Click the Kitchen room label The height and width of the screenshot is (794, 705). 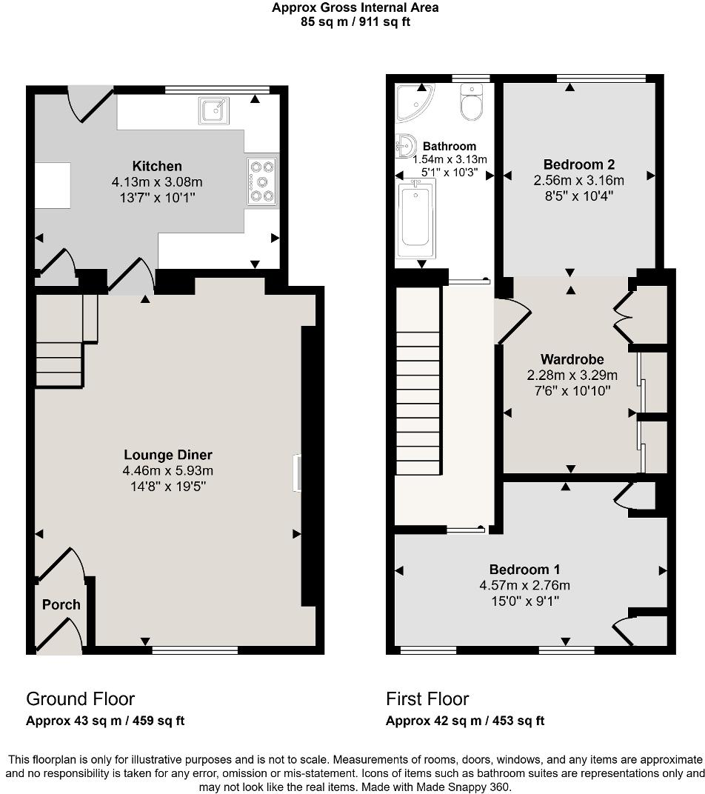pos(156,166)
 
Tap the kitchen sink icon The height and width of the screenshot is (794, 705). pos(213,110)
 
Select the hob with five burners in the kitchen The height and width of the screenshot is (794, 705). pos(262,181)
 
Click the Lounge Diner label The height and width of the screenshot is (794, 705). pos(168,455)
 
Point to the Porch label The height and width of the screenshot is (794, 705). pos(61,604)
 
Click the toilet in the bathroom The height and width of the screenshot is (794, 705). pos(471,101)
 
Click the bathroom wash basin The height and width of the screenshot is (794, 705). pos(405,146)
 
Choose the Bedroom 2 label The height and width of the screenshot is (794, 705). pos(579,164)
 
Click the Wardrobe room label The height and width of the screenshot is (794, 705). pos(572,360)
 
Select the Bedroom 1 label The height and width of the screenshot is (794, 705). pos(524,570)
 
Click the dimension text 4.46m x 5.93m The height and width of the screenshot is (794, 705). pos(168,470)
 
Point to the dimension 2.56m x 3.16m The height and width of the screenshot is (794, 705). pos(579,180)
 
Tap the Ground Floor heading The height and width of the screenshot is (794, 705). pos(80,698)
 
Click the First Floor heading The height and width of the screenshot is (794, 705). pos(427,698)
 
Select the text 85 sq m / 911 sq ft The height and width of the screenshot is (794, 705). pos(355,21)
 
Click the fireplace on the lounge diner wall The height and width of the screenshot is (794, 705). pos(296,473)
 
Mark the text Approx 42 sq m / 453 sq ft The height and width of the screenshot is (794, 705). pos(465,721)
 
